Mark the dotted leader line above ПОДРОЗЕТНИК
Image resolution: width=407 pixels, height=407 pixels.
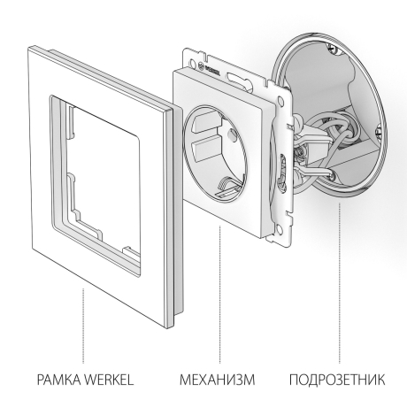(x=341, y=265)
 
